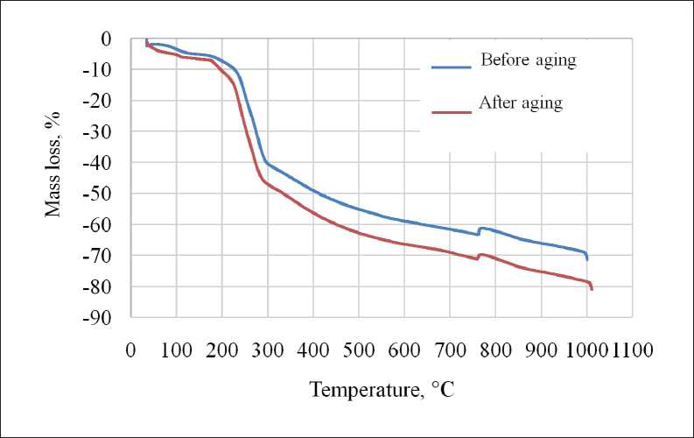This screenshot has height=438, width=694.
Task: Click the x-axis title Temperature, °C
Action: tap(382, 388)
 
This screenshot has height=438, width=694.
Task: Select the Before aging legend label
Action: tap(528, 61)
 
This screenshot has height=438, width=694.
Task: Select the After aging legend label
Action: tap(521, 103)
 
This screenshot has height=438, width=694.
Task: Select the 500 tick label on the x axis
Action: tap(359, 351)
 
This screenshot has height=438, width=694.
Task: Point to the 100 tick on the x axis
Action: tap(177, 351)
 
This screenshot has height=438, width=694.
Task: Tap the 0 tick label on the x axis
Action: tap(131, 351)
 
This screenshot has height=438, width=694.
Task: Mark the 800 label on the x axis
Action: tap(495, 351)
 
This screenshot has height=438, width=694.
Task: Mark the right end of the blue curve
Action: tap(587, 259)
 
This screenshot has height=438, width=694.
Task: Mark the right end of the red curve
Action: tap(592, 289)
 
